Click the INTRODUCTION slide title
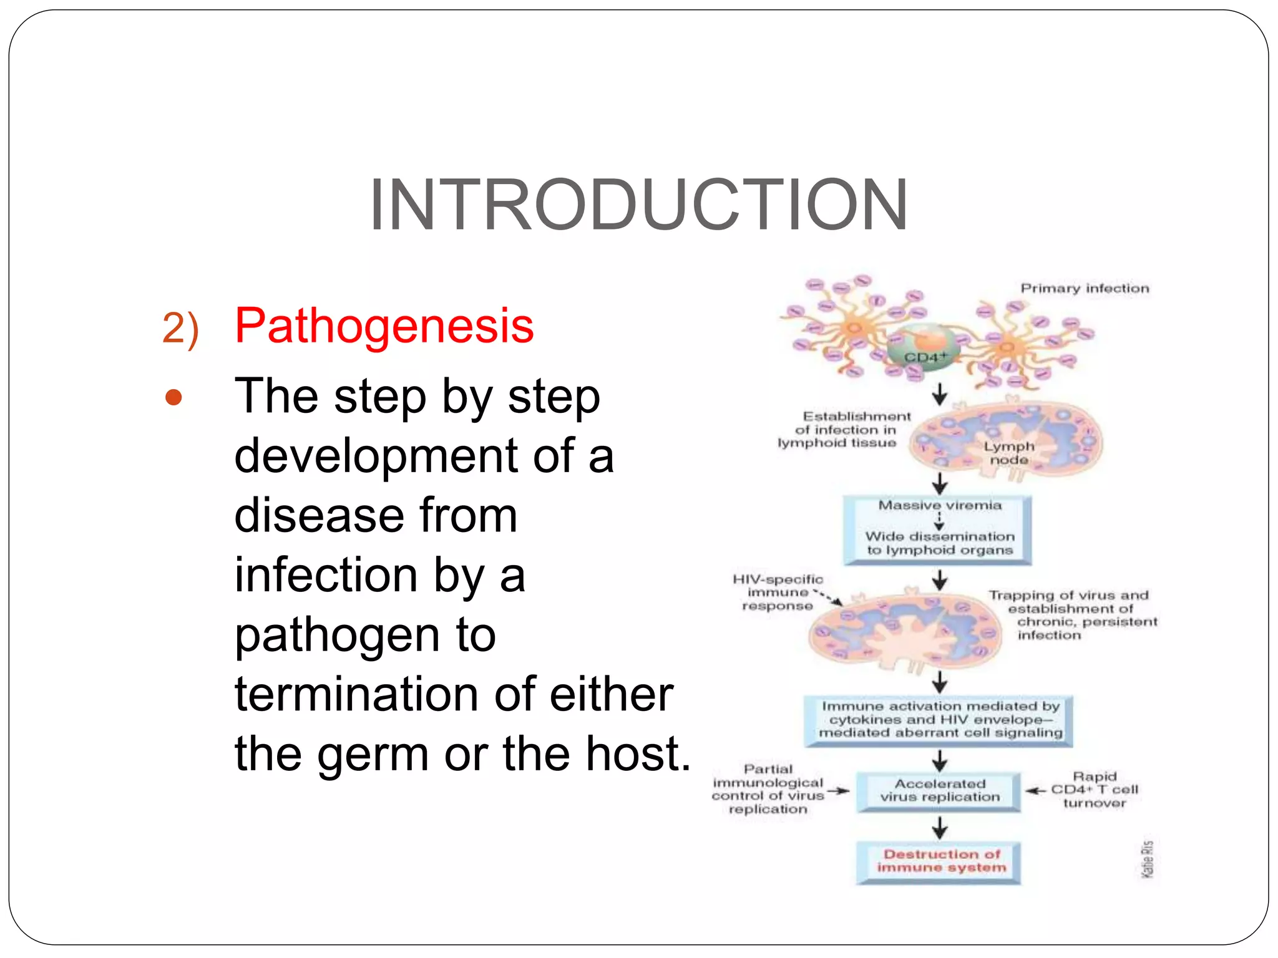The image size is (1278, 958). point(638,205)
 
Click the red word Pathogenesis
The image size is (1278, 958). point(384,326)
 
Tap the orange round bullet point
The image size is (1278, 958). point(173,398)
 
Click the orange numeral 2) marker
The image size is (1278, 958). point(180,328)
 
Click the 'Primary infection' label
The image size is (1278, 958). point(1084,288)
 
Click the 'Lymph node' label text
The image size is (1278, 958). point(1008,453)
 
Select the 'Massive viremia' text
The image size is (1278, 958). point(939,505)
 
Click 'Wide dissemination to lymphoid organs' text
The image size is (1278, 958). point(939,543)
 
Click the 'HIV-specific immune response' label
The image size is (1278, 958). point(778,593)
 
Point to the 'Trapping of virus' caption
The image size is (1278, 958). point(1072,615)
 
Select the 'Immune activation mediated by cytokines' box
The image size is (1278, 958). point(939,720)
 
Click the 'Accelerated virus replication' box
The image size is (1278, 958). point(939,791)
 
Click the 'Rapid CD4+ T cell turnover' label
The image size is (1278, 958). point(1095,790)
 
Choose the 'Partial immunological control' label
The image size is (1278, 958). point(768,789)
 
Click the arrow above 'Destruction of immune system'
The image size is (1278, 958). point(940,828)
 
